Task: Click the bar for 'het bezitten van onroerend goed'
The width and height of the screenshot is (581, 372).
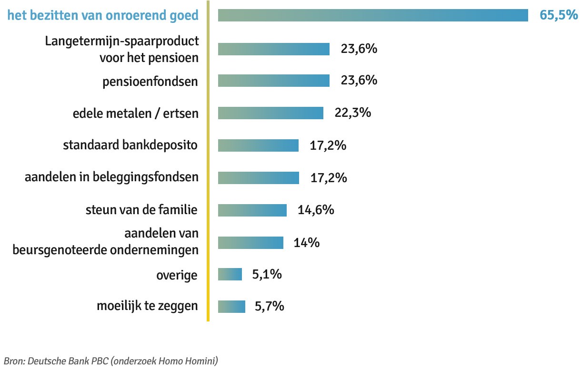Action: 373,15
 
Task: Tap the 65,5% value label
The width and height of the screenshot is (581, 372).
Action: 558,15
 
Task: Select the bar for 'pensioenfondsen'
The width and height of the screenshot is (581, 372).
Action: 274,81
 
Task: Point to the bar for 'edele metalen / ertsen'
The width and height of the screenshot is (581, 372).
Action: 270,113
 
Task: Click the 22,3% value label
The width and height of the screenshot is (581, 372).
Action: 353,113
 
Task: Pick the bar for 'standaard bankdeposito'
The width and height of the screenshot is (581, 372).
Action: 258,145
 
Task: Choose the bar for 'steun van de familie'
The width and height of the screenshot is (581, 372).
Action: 252,210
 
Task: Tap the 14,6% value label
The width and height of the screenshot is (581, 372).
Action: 316,210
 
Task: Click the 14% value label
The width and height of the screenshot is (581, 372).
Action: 306,243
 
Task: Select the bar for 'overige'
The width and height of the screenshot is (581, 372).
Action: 230,275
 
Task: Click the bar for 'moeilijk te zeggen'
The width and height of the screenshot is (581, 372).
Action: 231,307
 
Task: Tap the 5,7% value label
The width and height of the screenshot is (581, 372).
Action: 270,307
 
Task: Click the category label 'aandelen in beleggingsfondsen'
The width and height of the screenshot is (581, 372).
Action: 111,177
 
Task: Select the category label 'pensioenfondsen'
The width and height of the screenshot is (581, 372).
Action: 150,81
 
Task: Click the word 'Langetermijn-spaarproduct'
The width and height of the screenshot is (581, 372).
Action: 122,41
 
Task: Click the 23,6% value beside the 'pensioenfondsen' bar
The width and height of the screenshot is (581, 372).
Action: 359,81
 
